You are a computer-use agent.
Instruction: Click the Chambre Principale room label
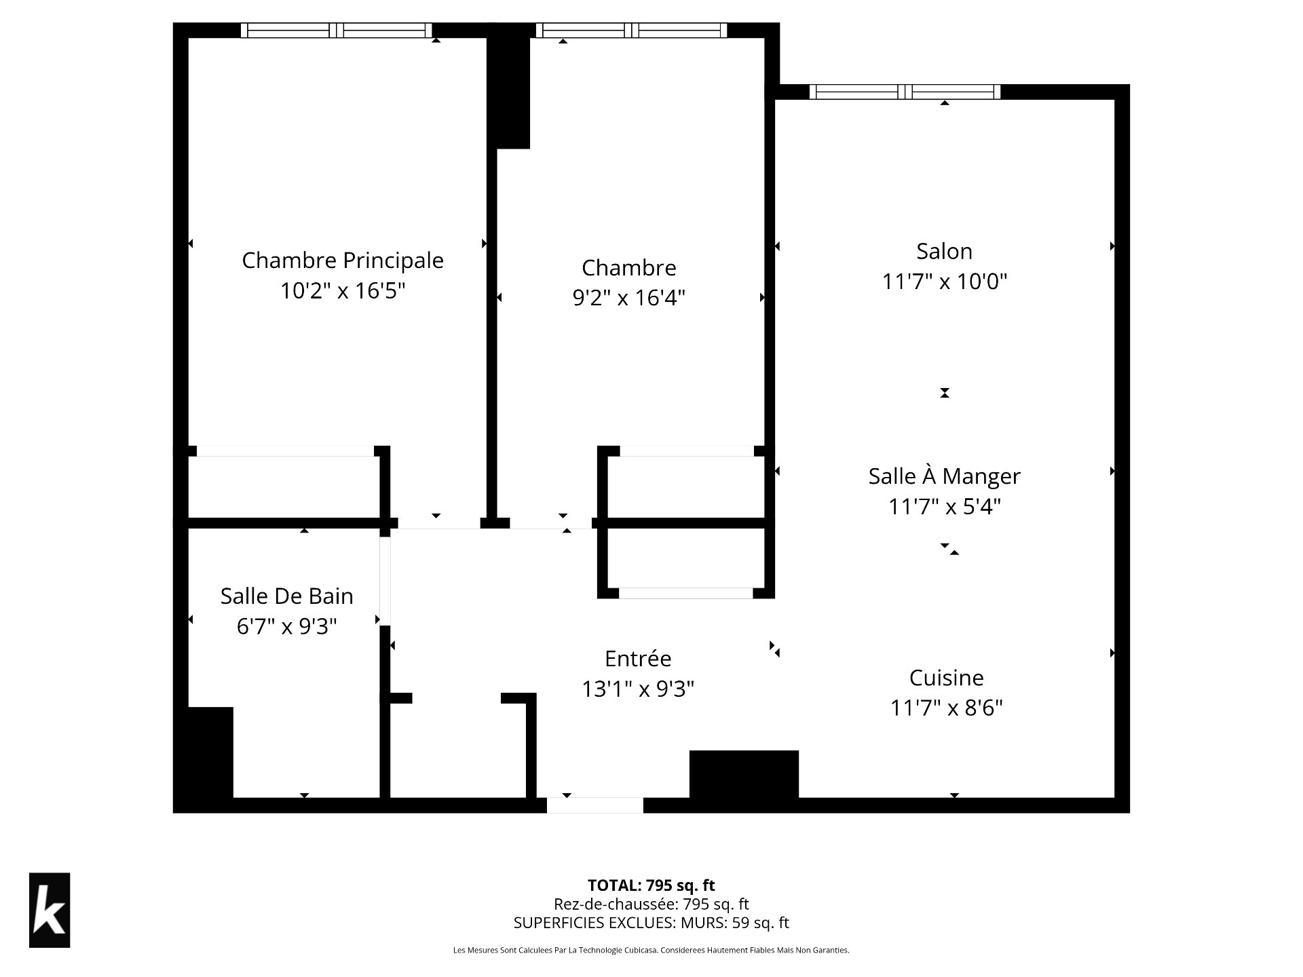pyautogui.click(x=343, y=261)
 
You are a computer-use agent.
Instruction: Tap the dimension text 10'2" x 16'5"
pyautogui.click(x=343, y=291)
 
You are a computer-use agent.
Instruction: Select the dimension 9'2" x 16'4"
pyautogui.click(x=628, y=298)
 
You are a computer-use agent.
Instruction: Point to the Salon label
pyautogui.click(x=944, y=252)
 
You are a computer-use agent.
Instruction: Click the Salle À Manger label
pyautogui.click(x=944, y=476)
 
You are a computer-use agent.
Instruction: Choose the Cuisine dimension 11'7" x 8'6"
pyautogui.click(x=946, y=708)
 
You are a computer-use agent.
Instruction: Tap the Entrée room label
pyautogui.click(x=638, y=659)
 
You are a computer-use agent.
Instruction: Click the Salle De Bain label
pyautogui.click(x=286, y=596)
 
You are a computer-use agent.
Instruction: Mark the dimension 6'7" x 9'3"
pyautogui.click(x=286, y=626)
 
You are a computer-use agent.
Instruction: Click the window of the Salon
pyautogui.click(x=905, y=92)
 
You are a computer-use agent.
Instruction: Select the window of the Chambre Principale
pyautogui.click(x=337, y=31)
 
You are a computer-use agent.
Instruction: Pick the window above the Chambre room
pyautogui.click(x=631, y=31)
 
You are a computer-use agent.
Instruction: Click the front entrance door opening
pyautogui.click(x=595, y=805)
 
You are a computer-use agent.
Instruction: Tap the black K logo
pyautogui.click(x=50, y=910)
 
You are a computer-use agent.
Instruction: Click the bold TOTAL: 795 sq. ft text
pyautogui.click(x=651, y=885)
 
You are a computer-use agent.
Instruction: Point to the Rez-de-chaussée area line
pyautogui.click(x=651, y=904)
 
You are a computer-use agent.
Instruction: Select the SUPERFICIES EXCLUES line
pyautogui.click(x=651, y=923)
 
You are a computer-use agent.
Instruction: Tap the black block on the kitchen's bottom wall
pyautogui.click(x=744, y=774)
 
